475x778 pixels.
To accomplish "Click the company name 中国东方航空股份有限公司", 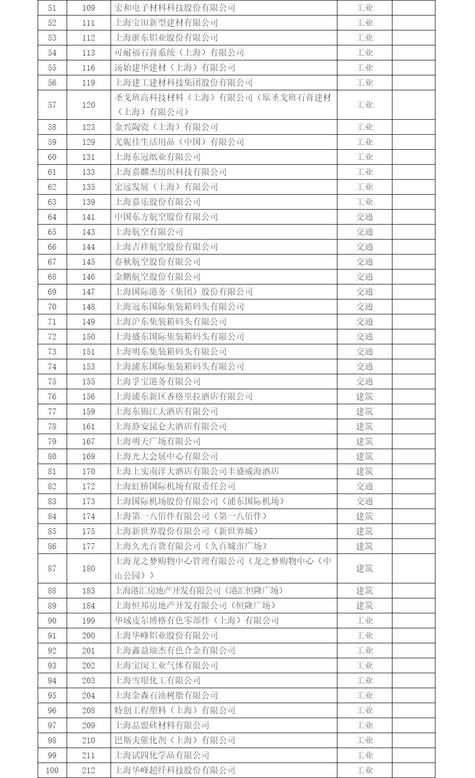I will pyautogui.click(x=166, y=217).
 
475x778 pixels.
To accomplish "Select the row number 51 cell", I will pyautogui.click(x=52, y=8).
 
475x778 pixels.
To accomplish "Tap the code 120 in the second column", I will pyautogui.click(x=88, y=105).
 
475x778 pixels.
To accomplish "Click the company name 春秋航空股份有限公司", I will pyautogui.click(x=157, y=262).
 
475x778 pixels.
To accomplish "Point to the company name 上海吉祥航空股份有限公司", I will pyautogui.click(x=166, y=247).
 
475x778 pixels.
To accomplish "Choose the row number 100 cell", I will pyautogui.click(x=52, y=770).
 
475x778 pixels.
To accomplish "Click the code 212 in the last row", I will pyautogui.click(x=88, y=770).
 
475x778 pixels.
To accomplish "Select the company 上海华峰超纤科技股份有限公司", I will pyautogui.click(x=175, y=770).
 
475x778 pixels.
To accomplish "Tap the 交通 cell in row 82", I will pyautogui.click(x=364, y=486).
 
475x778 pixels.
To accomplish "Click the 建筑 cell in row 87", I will pyautogui.click(x=364, y=568).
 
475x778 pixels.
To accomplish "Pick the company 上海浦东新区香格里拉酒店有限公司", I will pyautogui.click(x=183, y=396).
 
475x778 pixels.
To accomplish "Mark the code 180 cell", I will pyautogui.click(x=88, y=568).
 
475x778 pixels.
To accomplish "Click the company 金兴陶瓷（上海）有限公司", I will pyautogui.click(x=166, y=127).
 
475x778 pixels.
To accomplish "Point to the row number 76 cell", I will pyautogui.click(x=52, y=396).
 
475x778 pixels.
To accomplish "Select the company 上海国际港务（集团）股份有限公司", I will pyautogui.click(x=183, y=292).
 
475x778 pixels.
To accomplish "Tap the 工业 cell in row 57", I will pyautogui.click(x=364, y=105).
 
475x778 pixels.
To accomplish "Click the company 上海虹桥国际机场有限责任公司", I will pyautogui.click(x=175, y=486).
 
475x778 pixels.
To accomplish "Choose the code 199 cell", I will pyautogui.click(x=88, y=621).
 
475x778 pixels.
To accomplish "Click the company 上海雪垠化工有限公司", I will pyautogui.click(x=157, y=680).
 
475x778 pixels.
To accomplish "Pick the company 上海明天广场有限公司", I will pyautogui.click(x=157, y=441).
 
